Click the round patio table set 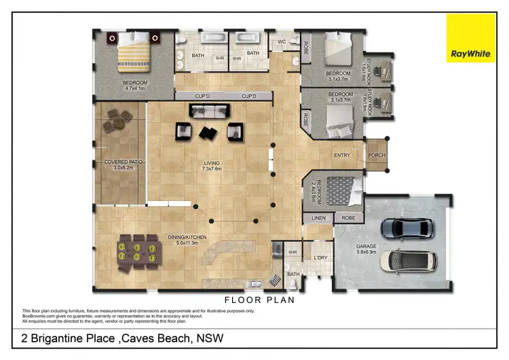point(115,122)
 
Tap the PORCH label point(376,156)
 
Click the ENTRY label point(342,156)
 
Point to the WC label point(281,41)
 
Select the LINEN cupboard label point(319,218)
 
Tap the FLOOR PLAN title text point(259,300)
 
